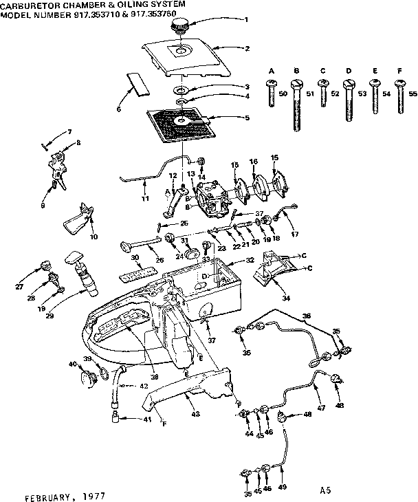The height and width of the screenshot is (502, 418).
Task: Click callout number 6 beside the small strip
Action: pyautogui.click(x=118, y=109)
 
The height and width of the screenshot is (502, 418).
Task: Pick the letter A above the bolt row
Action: pyautogui.click(x=271, y=72)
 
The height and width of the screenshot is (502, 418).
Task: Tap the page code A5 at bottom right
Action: pyautogui.click(x=325, y=490)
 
